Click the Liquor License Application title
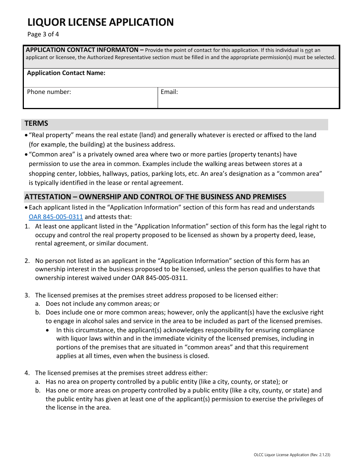click(x=100, y=22)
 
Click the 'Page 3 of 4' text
click(x=43, y=34)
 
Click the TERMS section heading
click(x=36, y=124)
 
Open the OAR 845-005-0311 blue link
click(x=56, y=217)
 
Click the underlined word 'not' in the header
click(x=309, y=50)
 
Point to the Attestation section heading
click(x=155, y=197)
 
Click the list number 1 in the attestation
click(x=27, y=227)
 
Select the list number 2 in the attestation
click(x=27, y=261)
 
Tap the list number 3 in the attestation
click(x=27, y=295)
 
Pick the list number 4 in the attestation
click(x=27, y=373)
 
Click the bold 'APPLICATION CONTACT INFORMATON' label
click(x=82, y=50)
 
